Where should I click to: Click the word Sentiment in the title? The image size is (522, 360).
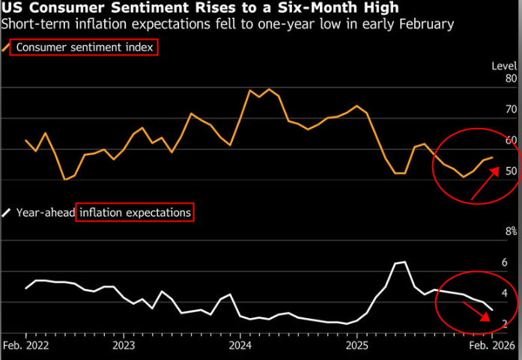(120, 8)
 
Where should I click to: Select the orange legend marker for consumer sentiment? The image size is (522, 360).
(7, 47)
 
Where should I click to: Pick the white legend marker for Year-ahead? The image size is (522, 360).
(7, 213)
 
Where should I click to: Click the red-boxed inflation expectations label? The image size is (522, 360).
(135, 213)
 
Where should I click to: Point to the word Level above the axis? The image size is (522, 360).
(504, 66)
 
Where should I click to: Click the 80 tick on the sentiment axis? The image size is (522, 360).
(512, 79)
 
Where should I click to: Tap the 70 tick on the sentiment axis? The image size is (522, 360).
(512, 109)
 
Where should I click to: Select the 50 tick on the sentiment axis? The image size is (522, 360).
(512, 171)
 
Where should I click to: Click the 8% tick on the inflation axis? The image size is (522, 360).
(511, 231)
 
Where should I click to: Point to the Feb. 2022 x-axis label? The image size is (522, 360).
(26, 347)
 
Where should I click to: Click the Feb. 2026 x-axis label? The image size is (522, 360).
(491, 347)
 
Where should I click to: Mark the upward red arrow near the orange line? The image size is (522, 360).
(485, 184)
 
